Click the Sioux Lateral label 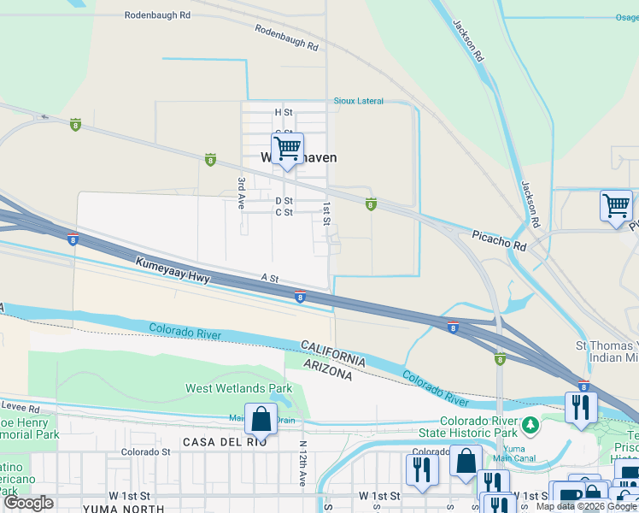(357, 101)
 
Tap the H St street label (284, 112)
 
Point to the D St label (284, 201)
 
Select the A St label (270, 278)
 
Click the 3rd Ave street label (242, 189)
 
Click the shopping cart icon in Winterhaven (288, 149)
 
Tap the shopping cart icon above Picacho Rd (616, 206)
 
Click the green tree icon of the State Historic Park (531, 425)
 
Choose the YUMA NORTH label (115, 509)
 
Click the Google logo (29, 504)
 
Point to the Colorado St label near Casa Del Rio (140, 451)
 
